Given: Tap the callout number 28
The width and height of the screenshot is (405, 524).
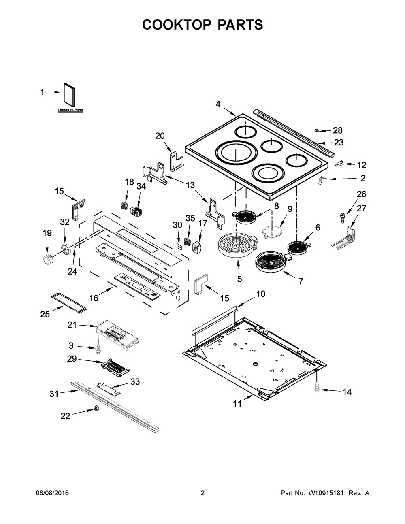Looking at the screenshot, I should (x=337, y=130).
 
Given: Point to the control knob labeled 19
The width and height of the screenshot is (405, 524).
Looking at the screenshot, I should (x=48, y=259).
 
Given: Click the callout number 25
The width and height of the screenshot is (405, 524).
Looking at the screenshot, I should (x=45, y=314).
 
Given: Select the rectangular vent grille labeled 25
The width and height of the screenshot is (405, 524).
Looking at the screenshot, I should (x=68, y=303).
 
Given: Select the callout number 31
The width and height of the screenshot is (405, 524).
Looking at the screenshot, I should (x=54, y=393).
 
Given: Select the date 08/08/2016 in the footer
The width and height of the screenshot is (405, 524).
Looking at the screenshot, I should (x=52, y=493).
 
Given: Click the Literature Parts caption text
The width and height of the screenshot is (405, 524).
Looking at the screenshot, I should (x=70, y=110).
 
